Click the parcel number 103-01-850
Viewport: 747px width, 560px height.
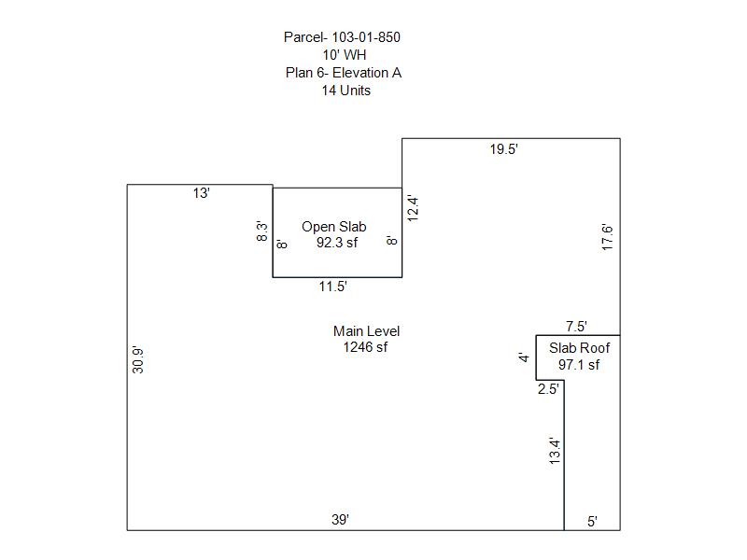(x=366, y=37)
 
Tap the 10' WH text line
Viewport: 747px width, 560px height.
(x=345, y=55)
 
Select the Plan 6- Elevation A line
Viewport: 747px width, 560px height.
(x=344, y=73)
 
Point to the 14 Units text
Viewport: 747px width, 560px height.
(x=345, y=91)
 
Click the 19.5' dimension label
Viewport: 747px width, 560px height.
(x=503, y=149)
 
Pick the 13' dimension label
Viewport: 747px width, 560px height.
(x=201, y=193)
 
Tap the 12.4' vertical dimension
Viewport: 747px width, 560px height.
(x=413, y=208)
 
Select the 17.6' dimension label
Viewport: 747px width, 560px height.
(x=608, y=237)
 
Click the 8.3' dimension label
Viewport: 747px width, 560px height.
(x=262, y=231)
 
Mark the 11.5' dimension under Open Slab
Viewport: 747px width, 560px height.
(x=333, y=287)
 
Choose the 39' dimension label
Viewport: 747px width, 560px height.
(x=340, y=520)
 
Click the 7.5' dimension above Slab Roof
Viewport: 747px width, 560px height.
(x=576, y=326)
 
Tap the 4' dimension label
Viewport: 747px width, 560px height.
(x=524, y=357)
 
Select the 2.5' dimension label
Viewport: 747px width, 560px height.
(x=548, y=389)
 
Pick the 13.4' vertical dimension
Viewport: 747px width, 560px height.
(x=555, y=451)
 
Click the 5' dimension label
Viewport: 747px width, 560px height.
(x=592, y=522)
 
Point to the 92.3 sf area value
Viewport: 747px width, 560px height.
(x=337, y=243)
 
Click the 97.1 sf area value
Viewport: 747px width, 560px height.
(x=579, y=365)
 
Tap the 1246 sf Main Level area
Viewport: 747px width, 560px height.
(x=365, y=347)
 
